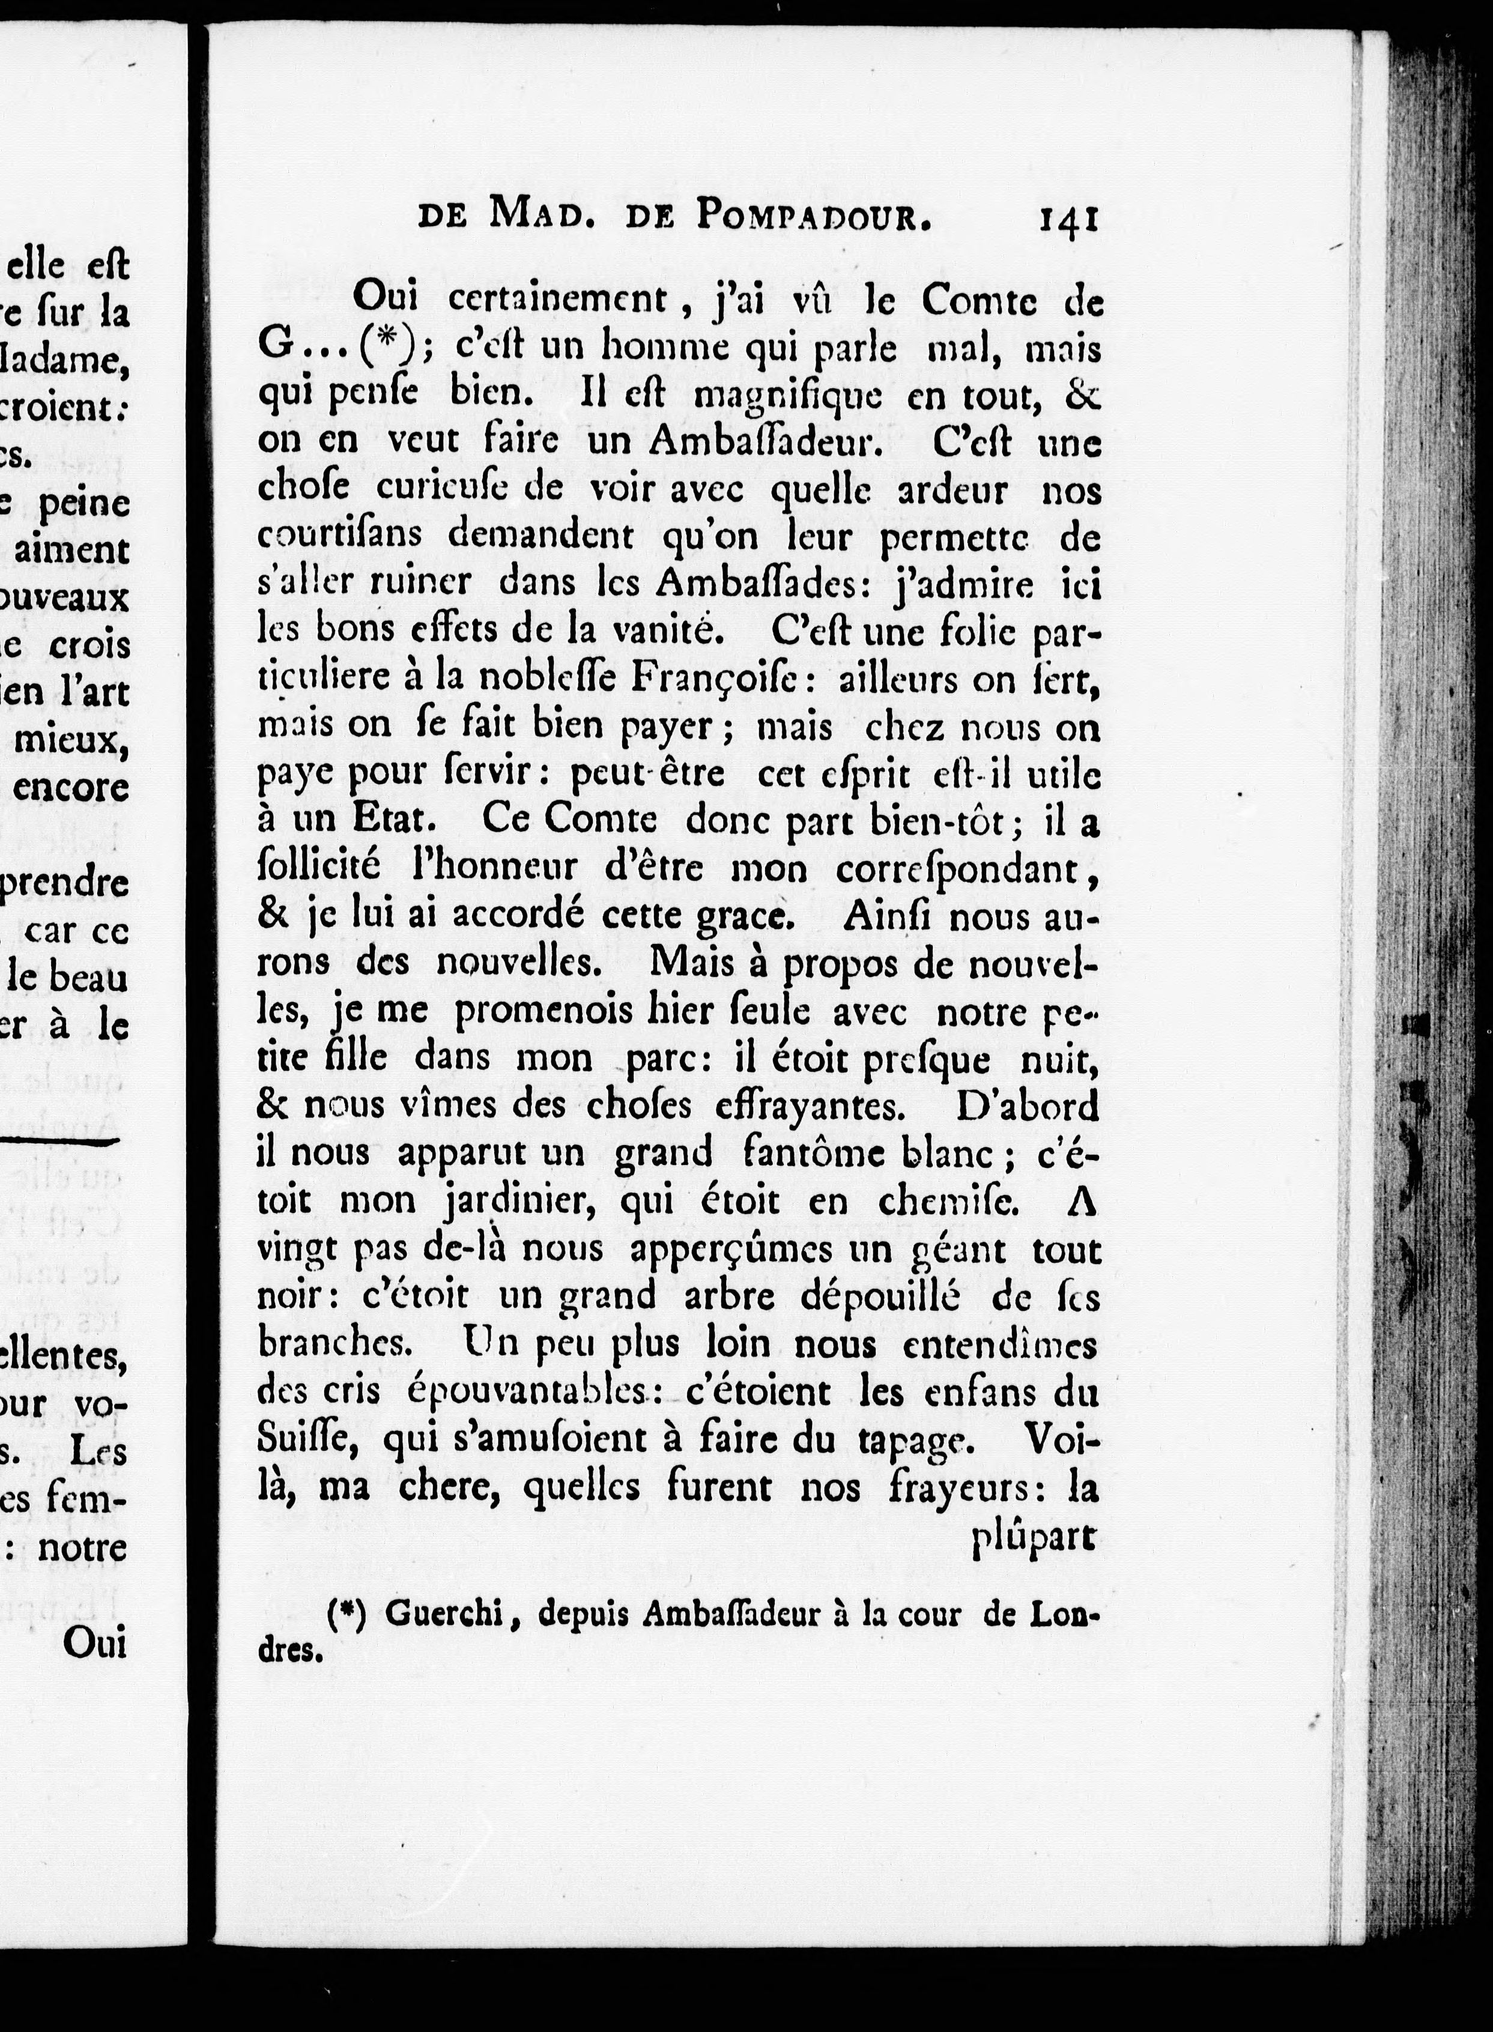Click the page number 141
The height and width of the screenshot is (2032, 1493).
[x=1069, y=220]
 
